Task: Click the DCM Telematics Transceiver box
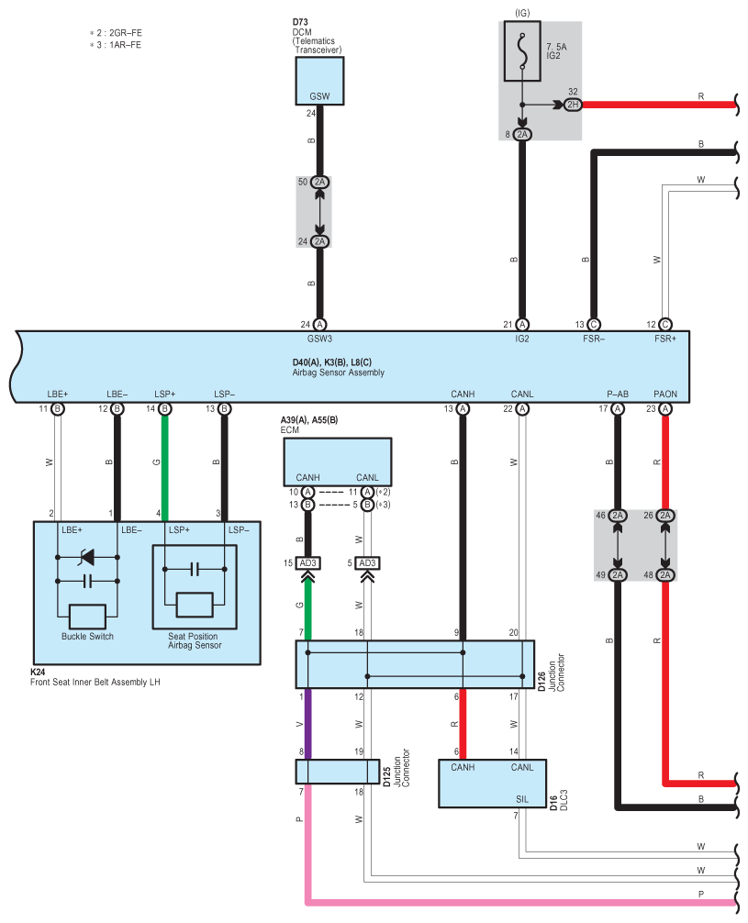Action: coord(319,81)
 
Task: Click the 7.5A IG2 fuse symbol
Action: coord(522,51)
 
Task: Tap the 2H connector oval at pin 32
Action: coord(573,105)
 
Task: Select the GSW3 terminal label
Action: coord(319,339)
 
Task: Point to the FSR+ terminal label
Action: coord(665,339)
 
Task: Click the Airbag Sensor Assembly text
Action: coord(338,373)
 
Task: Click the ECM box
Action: coord(338,461)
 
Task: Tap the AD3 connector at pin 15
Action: coord(308,563)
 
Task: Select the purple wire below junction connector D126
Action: coord(307,724)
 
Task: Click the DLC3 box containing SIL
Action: coord(492,784)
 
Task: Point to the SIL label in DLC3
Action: coord(522,799)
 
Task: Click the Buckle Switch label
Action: coord(87,637)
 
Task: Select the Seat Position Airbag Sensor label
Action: coord(195,641)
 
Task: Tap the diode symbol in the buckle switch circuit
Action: coord(86,557)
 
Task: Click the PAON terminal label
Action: coord(665,395)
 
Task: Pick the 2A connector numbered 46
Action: coord(618,516)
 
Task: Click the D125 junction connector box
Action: coord(338,772)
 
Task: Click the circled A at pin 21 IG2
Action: coord(522,325)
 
